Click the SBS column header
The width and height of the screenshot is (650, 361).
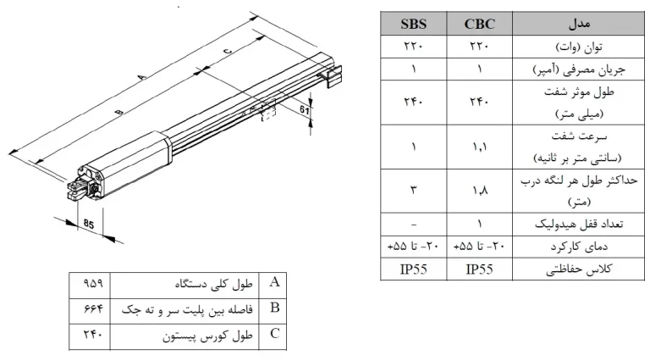[413, 24]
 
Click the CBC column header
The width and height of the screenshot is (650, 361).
[480, 24]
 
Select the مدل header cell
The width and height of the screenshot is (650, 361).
[579, 23]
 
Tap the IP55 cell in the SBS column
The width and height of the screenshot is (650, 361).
[413, 269]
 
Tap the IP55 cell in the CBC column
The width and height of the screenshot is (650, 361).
[480, 269]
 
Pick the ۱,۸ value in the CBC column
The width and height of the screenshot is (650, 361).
[479, 191]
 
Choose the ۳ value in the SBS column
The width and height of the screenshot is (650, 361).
[413, 190]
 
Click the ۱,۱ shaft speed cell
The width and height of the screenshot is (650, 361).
[479, 147]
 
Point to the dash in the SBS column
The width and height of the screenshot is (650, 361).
[413, 225]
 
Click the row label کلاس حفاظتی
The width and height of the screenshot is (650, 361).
[579, 269]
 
